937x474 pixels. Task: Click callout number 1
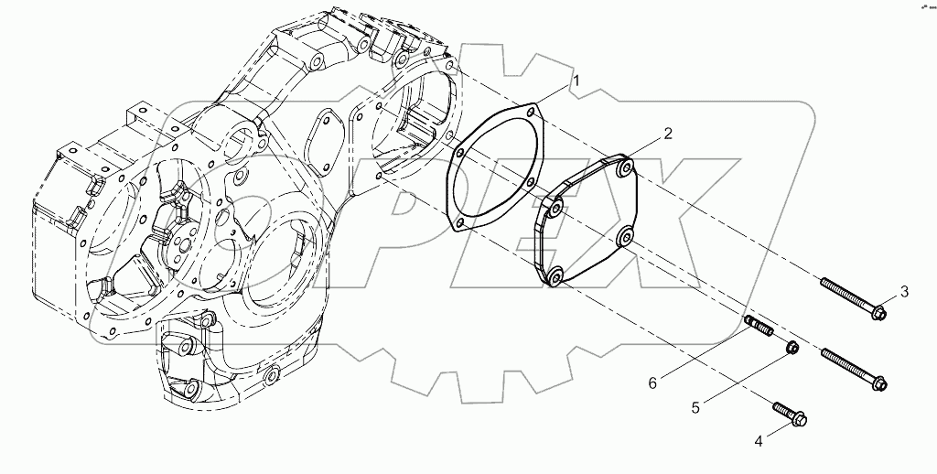(x=576, y=82)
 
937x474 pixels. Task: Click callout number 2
(x=668, y=134)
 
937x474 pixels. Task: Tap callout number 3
(x=904, y=292)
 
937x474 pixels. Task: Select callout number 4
(x=759, y=442)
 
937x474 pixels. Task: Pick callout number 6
(x=652, y=382)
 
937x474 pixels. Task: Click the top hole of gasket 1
(x=532, y=113)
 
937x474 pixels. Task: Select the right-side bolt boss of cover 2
(x=625, y=238)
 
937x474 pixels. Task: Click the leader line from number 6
(x=705, y=353)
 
